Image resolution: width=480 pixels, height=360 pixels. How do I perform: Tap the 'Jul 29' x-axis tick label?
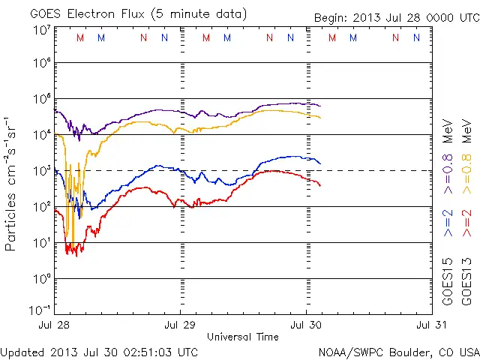[x=180, y=325]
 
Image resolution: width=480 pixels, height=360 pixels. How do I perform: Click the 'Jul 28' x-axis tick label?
[x=55, y=325]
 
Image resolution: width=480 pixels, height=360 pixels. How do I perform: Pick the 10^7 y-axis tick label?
[x=41, y=29]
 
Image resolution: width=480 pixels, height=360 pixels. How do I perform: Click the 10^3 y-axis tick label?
[x=41, y=170]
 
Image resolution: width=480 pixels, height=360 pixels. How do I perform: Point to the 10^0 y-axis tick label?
[x=41, y=278]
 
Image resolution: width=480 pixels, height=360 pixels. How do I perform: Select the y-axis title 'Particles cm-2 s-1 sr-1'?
[x=13, y=184]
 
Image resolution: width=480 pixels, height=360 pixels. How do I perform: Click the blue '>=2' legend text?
[x=448, y=223]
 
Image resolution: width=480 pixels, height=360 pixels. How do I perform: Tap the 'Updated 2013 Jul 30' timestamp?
[x=99, y=351]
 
